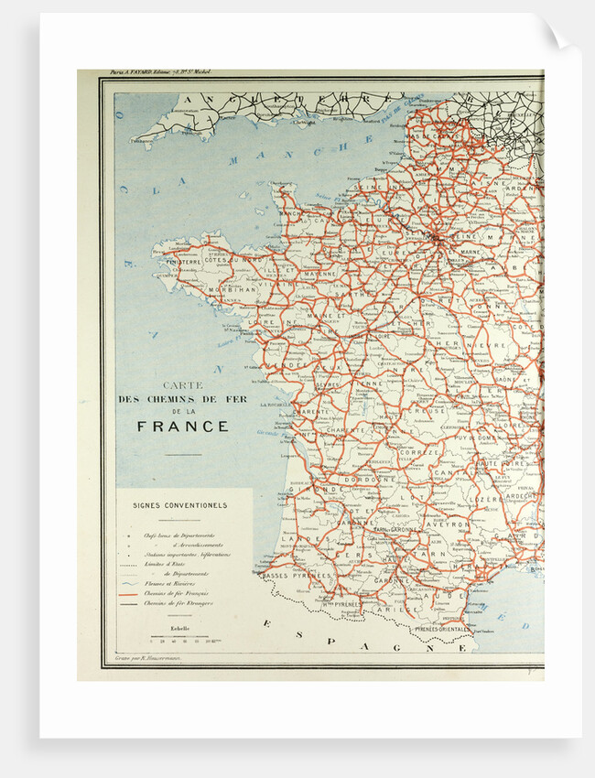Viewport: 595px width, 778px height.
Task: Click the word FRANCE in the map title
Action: [183, 427]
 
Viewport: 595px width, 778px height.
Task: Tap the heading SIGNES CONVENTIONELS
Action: [179, 504]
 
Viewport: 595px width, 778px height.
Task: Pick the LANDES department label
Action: [299, 540]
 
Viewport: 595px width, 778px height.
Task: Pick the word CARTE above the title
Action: [182, 386]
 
